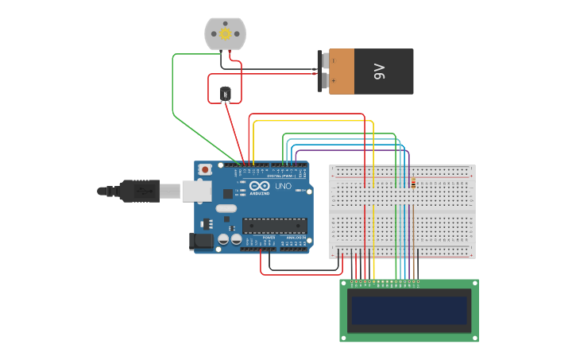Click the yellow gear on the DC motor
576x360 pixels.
225,33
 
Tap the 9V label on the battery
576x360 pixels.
379,72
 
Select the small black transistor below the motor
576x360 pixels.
226,95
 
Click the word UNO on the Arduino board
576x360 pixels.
284,186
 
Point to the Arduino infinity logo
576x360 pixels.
259,185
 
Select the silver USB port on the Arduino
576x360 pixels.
196,191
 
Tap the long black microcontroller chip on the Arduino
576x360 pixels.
274,225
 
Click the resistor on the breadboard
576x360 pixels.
413,183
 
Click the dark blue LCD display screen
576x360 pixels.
409,310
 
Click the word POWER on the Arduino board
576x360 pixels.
269,237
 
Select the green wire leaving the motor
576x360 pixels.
173,87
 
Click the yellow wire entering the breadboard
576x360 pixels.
373,151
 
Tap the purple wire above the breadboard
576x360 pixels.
350,149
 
